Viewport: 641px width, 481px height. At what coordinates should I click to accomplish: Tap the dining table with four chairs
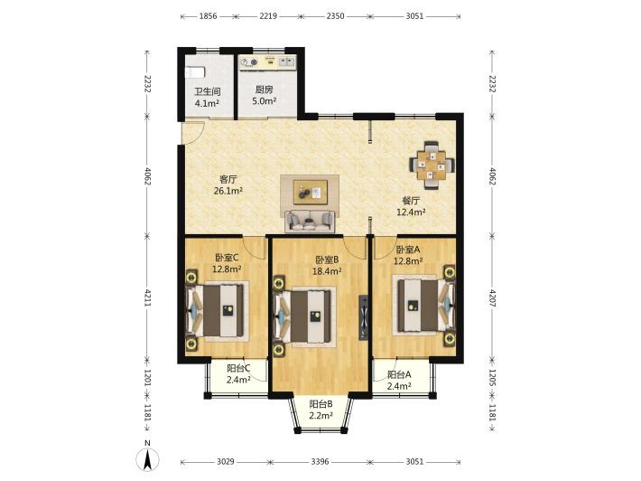432,165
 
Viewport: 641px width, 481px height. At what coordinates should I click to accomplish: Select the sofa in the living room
310,221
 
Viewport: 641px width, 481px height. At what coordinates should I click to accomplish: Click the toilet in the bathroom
195,72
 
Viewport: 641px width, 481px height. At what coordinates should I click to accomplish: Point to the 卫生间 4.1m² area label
208,98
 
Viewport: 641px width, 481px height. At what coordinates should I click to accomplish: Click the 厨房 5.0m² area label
265,95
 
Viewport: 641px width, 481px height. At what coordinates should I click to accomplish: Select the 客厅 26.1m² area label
228,185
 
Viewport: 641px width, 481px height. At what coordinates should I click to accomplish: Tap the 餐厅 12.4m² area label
412,206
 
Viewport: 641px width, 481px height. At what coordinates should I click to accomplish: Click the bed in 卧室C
216,311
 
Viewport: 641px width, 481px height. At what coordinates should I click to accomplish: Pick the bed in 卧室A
423,305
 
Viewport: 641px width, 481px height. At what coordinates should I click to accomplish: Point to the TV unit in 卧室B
363,317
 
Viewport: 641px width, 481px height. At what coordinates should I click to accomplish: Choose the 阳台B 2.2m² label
320,410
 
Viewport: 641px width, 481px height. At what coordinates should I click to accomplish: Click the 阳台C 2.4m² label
238,374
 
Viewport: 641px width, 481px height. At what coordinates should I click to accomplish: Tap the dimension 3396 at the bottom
320,462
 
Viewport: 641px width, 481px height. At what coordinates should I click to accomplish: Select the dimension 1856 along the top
208,16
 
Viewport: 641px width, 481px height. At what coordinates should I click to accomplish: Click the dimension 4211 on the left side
147,298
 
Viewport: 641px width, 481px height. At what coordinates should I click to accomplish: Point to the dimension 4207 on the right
492,298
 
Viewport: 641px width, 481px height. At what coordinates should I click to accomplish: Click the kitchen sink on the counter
286,61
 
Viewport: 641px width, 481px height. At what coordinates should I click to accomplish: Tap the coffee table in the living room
311,193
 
